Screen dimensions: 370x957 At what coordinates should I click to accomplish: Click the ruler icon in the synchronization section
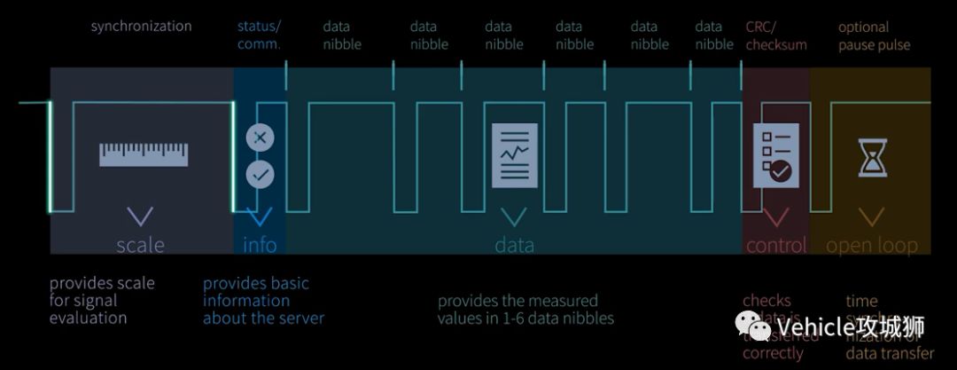click(144, 154)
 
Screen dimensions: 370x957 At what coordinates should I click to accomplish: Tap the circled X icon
click(260, 138)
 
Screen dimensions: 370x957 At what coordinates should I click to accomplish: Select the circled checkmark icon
click(260, 175)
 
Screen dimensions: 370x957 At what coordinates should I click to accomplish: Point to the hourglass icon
click(872, 157)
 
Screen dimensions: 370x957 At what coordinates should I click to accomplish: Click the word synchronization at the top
click(141, 26)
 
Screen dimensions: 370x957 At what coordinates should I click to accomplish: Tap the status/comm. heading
click(259, 35)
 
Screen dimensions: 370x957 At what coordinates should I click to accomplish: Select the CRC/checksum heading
click(775, 35)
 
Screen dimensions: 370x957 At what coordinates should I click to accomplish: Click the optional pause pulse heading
click(874, 35)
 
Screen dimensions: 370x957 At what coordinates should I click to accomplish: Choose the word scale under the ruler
click(140, 244)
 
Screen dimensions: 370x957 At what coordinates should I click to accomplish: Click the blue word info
click(260, 244)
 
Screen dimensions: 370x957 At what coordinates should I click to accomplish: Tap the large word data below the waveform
click(514, 244)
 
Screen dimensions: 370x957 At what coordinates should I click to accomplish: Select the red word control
click(776, 244)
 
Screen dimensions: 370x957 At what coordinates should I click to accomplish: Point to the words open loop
click(872, 245)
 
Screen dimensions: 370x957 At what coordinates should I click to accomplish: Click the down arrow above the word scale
click(140, 216)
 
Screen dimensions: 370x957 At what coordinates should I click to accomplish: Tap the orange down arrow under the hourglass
click(872, 216)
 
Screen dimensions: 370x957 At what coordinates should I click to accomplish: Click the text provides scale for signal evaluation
click(102, 300)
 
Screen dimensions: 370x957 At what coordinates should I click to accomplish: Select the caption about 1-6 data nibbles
click(525, 309)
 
